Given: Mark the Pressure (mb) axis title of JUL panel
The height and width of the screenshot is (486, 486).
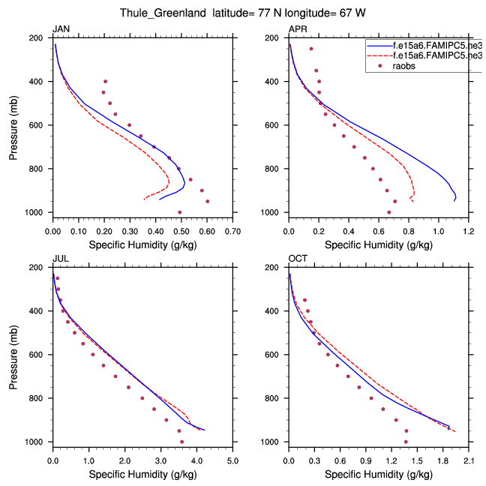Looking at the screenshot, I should tap(14, 355).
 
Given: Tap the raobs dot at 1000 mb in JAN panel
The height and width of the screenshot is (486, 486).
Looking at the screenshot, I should tap(180, 212).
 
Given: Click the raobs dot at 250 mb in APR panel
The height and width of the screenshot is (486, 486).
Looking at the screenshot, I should tap(311, 49).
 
